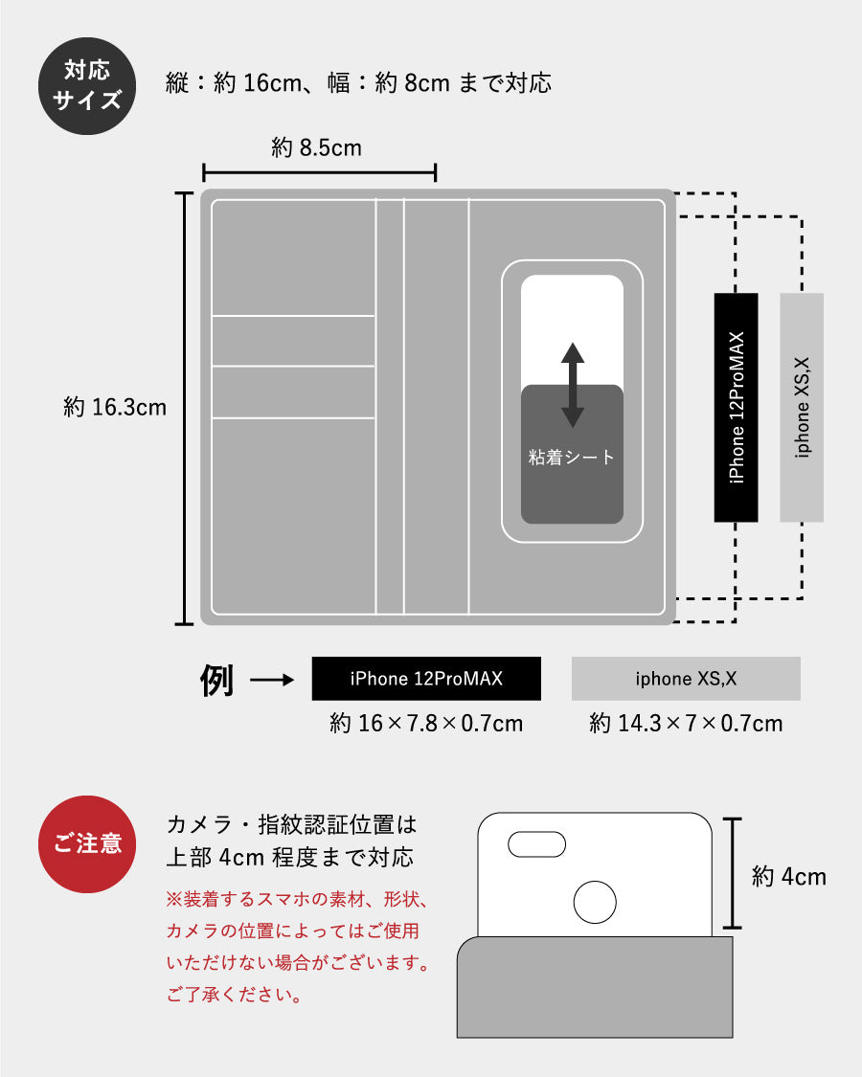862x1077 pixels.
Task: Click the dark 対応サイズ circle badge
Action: click(87, 86)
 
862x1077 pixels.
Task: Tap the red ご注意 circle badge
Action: click(87, 844)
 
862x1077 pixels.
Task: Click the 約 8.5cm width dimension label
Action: click(316, 147)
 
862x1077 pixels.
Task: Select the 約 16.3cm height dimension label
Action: click(115, 407)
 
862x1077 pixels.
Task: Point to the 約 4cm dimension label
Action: click(789, 877)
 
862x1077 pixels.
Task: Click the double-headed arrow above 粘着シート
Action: click(573, 385)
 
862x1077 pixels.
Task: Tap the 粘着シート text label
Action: click(571, 457)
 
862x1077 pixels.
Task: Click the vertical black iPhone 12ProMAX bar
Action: click(737, 407)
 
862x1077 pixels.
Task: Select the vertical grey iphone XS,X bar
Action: click(802, 407)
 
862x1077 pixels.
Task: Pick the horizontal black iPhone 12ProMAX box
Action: click(426, 679)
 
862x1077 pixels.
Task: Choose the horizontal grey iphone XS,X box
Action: click(686, 679)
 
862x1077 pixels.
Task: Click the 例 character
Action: click(216, 680)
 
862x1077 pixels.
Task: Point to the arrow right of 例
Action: click(272, 680)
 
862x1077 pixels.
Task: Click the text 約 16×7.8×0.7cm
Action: click(426, 724)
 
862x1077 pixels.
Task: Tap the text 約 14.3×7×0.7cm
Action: click(686, 724)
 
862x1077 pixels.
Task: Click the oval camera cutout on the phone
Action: click(537, 844)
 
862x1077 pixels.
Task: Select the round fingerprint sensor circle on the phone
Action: click(595, 902)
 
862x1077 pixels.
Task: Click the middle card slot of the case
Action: click(293, 341)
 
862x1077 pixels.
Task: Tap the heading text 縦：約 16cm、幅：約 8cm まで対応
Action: click(358, 83)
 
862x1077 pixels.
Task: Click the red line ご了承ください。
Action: click(235, 994)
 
